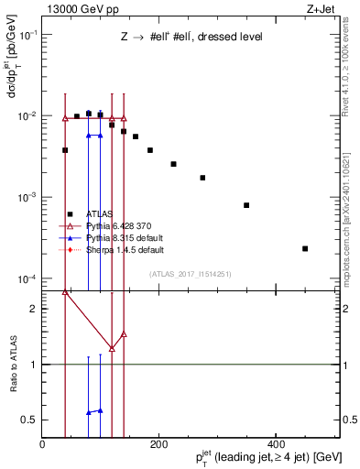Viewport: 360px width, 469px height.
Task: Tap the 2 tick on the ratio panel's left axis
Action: tap(35, 309)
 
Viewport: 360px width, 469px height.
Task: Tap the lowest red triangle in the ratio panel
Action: tap(112, 348)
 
